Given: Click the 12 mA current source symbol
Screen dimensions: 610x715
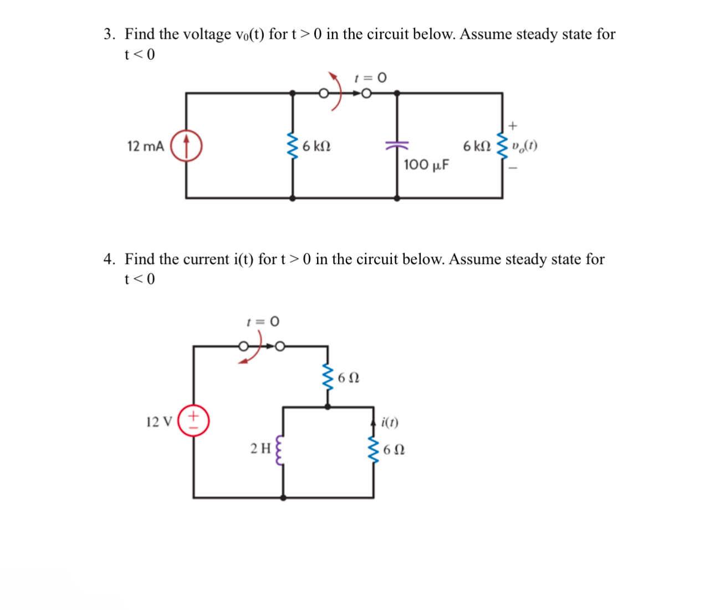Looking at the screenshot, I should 186,146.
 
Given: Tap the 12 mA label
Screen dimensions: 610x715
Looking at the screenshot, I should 145,146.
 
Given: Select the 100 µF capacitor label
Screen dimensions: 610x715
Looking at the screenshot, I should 426,165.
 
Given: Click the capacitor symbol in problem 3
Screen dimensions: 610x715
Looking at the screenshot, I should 397,145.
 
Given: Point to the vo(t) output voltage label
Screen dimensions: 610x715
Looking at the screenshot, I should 524,146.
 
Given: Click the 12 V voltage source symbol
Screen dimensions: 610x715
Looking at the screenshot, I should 193,421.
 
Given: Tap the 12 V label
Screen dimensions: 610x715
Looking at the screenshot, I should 159,422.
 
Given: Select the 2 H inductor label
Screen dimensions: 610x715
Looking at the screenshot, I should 261,448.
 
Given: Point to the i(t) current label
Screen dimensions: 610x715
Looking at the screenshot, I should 390,423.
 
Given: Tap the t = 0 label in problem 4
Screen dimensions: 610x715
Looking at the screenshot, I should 263,322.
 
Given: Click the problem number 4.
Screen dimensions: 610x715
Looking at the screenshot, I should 109,259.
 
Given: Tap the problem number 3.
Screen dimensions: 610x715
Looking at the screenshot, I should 109,34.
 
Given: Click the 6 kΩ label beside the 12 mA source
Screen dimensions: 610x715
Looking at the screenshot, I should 316,146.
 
